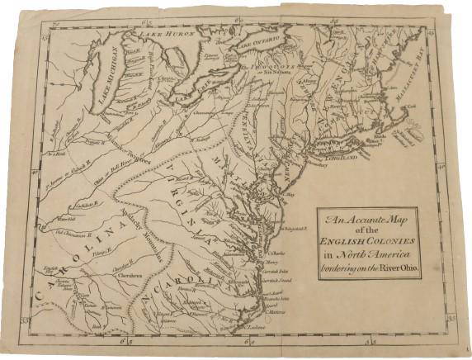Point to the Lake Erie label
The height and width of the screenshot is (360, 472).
click(x=196, y=97)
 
